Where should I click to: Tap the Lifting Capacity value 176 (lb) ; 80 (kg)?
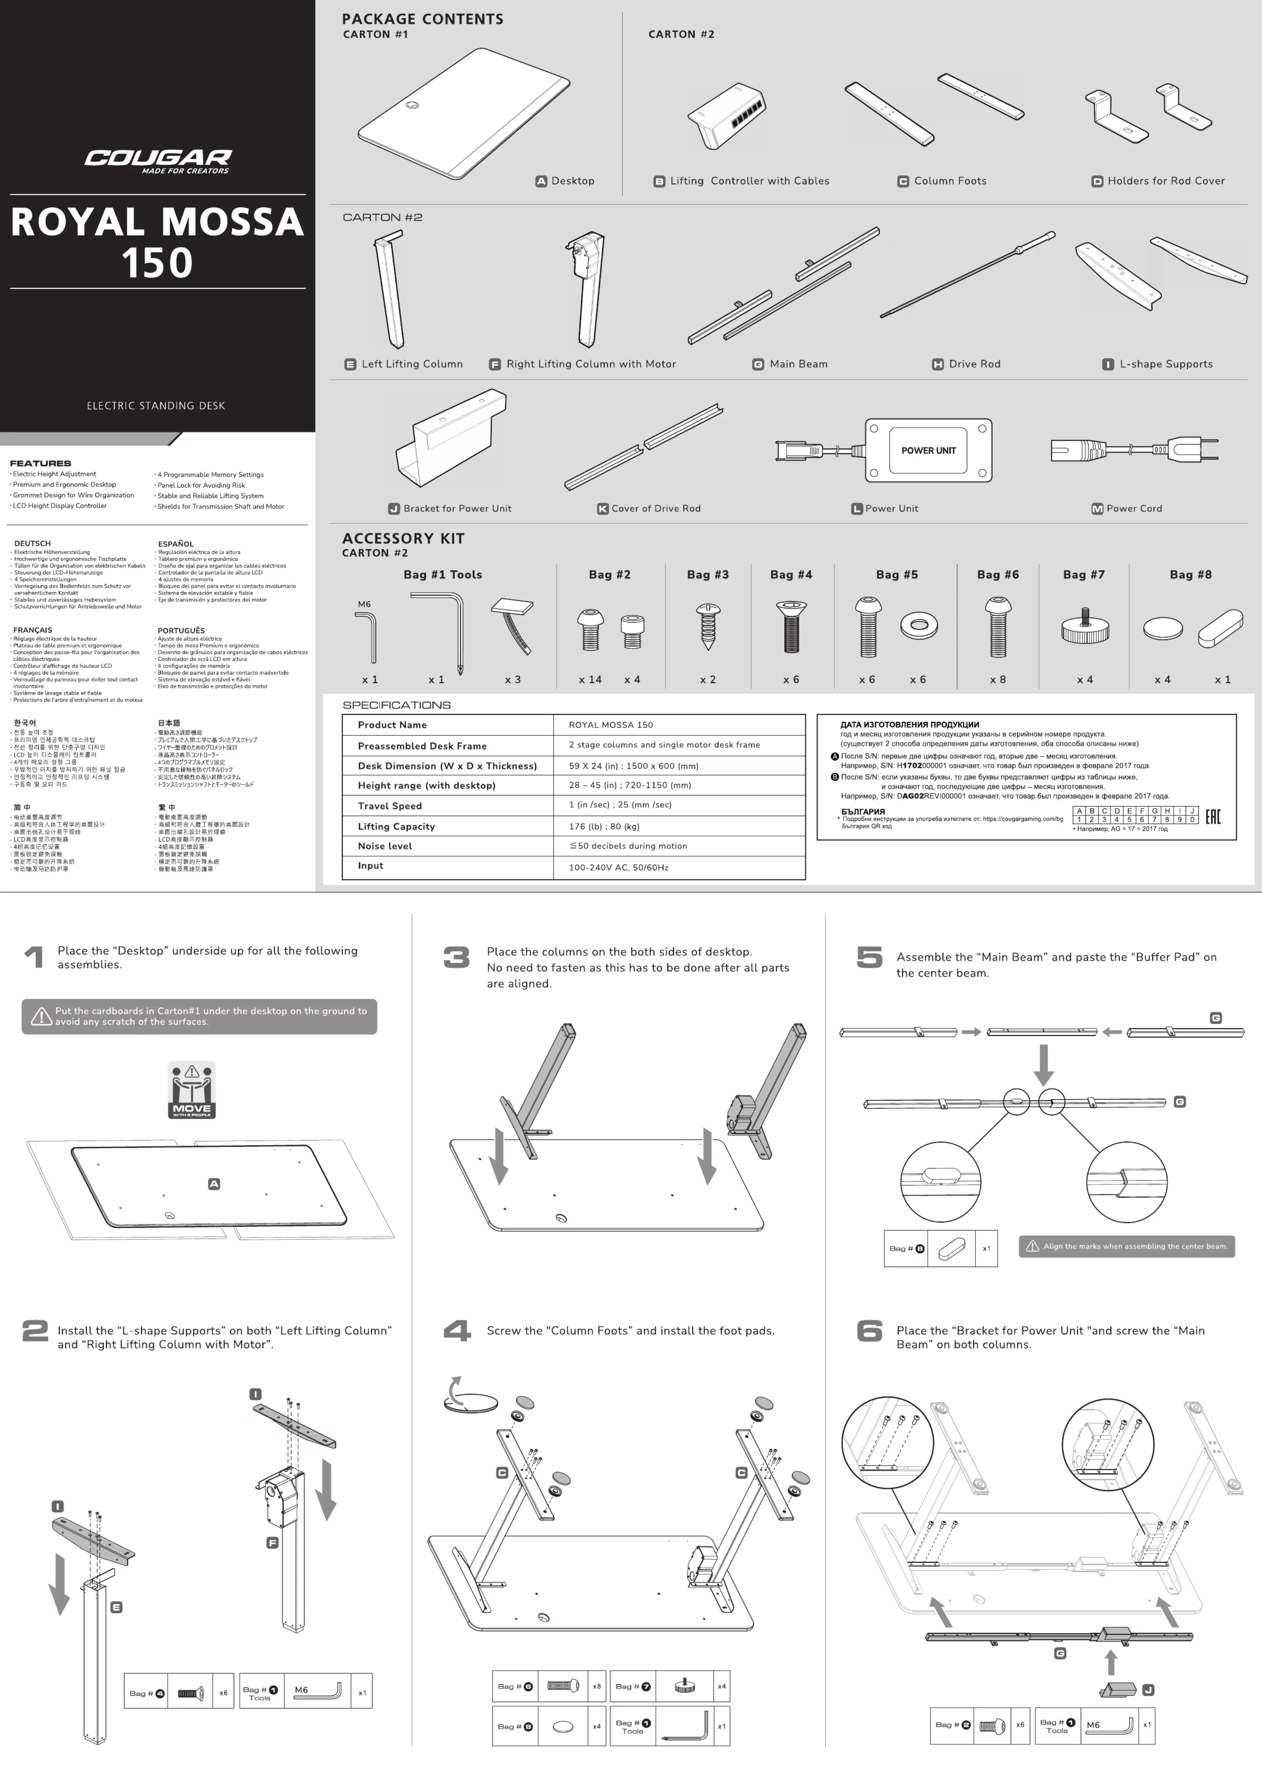click(604, 826)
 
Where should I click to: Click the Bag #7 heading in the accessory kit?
click(1083, 574)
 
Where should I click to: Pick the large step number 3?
click(456, 957)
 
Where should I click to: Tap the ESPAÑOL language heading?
click(176, 544)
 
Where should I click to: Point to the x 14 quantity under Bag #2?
click(590, 679)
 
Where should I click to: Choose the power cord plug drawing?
click(1134, 450)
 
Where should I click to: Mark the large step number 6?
click(869, 1331)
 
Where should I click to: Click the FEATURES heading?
click(41, 463)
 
